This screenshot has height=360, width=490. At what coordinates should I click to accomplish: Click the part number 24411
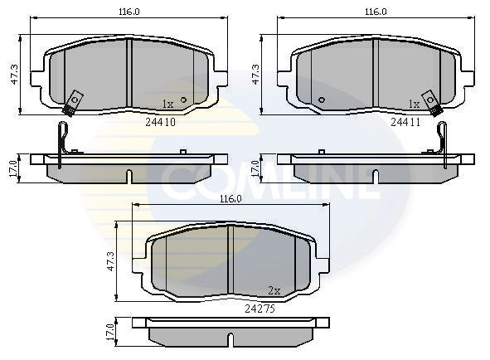click(407, 121)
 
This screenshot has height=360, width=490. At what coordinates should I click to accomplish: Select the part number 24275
click(260, 308)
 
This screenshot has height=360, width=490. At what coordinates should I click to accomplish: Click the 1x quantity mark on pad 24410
click(167, 105)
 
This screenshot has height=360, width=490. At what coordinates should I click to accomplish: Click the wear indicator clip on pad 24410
click(73, 101)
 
